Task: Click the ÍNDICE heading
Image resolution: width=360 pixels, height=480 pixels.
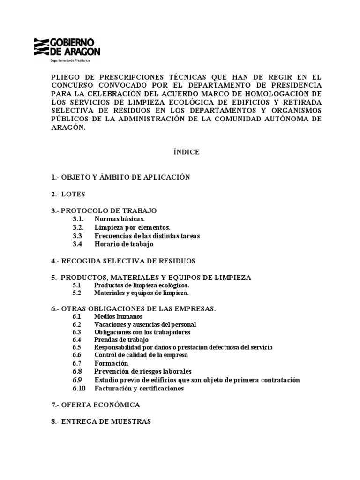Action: (187, 152)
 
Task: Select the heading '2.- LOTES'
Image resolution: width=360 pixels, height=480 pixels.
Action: (68, 194)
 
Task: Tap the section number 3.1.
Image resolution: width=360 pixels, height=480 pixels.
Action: (78, 219)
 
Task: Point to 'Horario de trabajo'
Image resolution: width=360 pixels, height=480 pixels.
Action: (124, 244)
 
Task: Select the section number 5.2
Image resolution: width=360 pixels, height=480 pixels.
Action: (77, 293)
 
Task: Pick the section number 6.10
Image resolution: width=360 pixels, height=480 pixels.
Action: (79, 388)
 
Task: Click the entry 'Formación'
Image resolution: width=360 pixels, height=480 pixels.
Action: (111, 363)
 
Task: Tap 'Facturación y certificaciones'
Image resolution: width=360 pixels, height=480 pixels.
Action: (139, 388)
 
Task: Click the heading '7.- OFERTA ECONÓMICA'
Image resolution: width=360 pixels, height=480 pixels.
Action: (95, 405)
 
